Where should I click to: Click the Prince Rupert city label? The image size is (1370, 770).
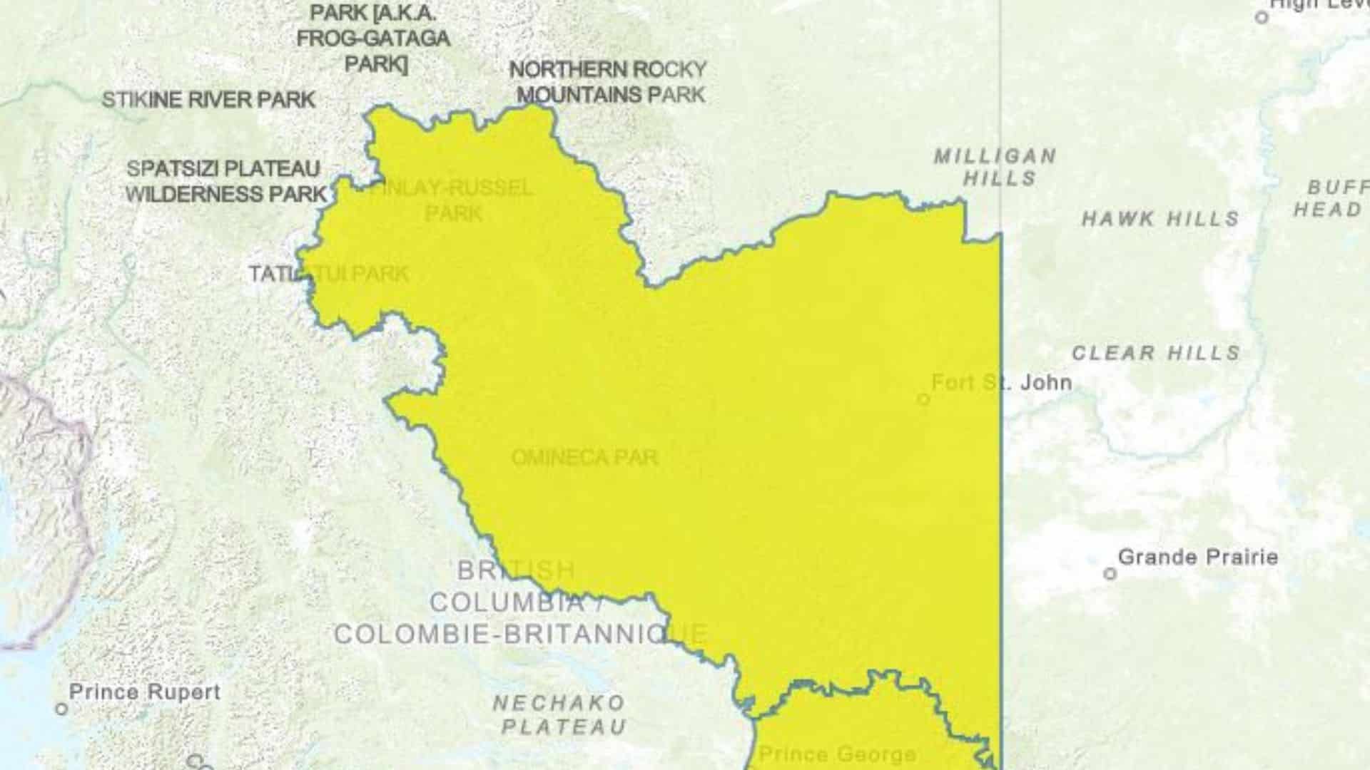pyautogui.click(x=145, y=692)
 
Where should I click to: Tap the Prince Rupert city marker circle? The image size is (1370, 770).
pyautogui.click(x=62, y=709)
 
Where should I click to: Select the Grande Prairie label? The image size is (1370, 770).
pyautogui.click(x=1197, y=557)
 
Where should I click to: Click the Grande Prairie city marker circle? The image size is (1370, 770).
pyautogui.click(x=1110, y=573)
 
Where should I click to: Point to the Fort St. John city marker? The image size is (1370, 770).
pyautogui.click(x=923, y=399)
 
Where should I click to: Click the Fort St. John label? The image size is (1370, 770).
pyautogui.click(x=1001, y=383)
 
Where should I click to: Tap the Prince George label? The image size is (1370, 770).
pyautogui.click(x=837, y=754)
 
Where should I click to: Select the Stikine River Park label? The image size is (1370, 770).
pyautogui.click(x=208, y=100)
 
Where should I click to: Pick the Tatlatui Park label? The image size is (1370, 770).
pyautogui.click(x=328, y=274)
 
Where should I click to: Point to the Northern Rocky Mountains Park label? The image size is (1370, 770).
pyautogui.click(x=609, y=82)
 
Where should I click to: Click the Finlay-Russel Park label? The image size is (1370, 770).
pyautogui.click(x=452, y=200)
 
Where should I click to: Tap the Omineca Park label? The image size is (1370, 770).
pyautogui.click(x=584, y=458)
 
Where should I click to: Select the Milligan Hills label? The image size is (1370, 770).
pyautogui.click(x=996, y=167)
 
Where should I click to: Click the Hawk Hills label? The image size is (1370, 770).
pyautogui.click(x=1160, y=219)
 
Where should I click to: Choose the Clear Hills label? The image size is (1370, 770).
pyautogui.click(x=1156, y=353)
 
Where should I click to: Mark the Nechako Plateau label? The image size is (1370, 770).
pyautogui.click(x=560, y=714)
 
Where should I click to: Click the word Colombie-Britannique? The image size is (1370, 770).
pyautogui.click(x=520, y=633)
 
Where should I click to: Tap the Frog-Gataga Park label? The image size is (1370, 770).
pyautogui.click(x=373, y=38)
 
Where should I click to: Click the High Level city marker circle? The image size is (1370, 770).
pyautogui.click(x=1262, y=17)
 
